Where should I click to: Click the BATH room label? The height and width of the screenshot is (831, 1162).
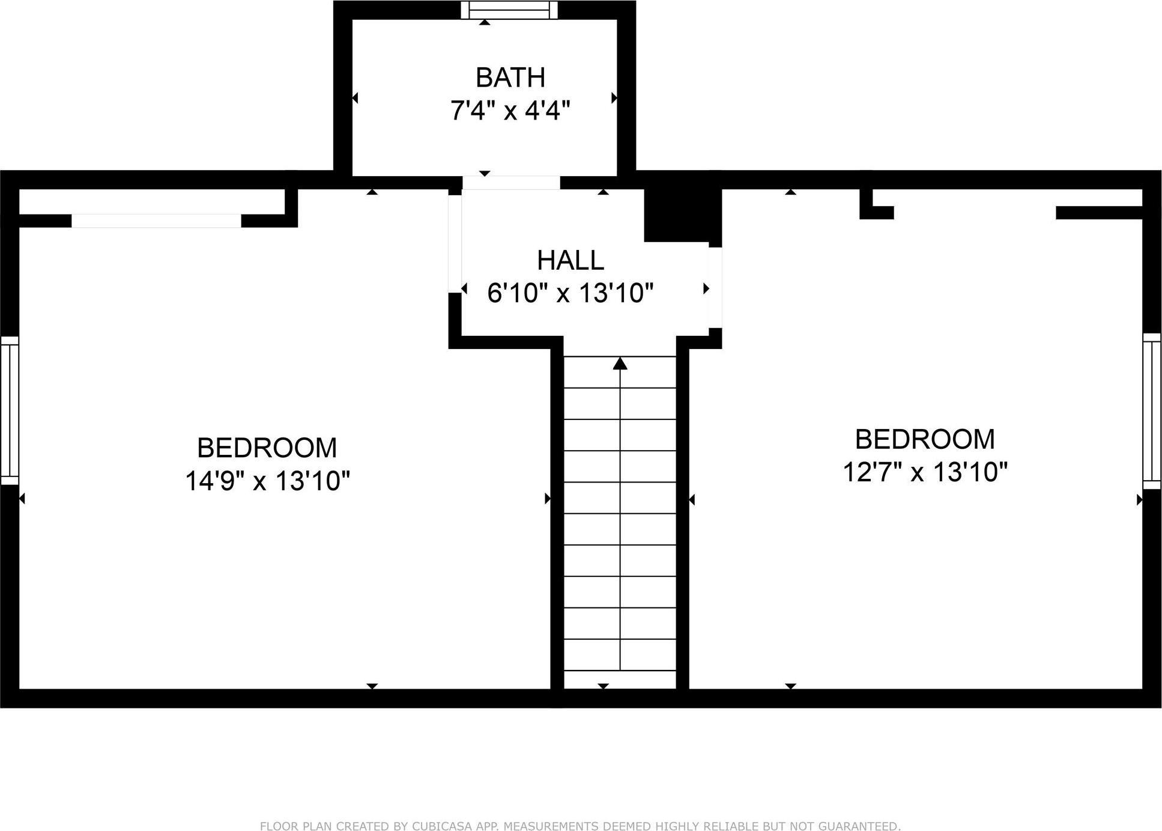pyautogui.click(x=510, y=78)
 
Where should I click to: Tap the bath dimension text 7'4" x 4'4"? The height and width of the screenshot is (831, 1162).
pyautogui.click(x=510, y=111)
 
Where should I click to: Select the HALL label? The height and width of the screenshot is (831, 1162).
pyautogui.click(x=570, y=260)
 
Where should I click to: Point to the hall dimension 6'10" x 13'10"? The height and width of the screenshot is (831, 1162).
pyautogui.click(x=570, y=294)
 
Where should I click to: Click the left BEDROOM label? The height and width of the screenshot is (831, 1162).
pyautogui.click(x=267, y=448)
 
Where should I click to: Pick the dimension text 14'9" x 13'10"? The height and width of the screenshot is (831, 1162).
pyautogui.click(x=267, y=481)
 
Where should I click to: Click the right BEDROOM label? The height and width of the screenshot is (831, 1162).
pyautogui.click(x=924, y=439)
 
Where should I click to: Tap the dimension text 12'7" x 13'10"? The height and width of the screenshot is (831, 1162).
pyautogui.click(x=924, y=472)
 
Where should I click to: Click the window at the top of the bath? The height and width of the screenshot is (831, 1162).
pyautogui.click(x=509, y=10)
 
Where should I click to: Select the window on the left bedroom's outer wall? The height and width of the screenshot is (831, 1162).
pyautogui.click(x=10, y=410)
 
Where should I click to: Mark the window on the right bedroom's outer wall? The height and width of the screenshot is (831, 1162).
pyautogui.click(x=1151, y=411)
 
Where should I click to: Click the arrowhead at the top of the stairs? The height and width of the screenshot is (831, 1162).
pyautogui.click(x=620, y=364)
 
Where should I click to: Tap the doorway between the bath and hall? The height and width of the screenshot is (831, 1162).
pyautogui.click(x=511, y=183)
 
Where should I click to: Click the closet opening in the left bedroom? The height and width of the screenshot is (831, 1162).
pyautogui.click(x=156, y=221)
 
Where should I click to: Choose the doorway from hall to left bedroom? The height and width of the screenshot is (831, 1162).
pyautogui.click(x=455, y=243)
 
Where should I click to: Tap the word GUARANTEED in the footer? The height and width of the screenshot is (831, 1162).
pyautogui.click(x=861, y=826)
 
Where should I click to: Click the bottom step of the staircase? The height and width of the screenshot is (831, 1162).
pyautogui.click(x=620, y=680)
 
